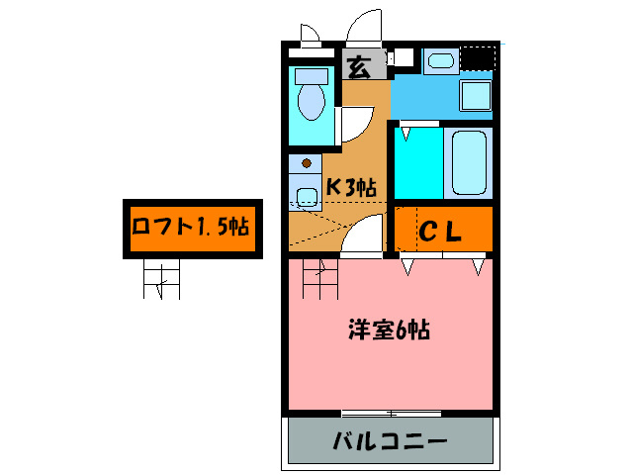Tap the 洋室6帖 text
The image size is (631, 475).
coord(389,330)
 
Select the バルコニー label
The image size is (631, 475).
coord(390,440)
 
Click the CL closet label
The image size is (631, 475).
coord(441,233)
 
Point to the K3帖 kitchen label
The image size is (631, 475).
coord(351,186)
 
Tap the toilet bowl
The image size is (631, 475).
coord(313,100)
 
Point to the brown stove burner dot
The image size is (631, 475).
coord(307,162)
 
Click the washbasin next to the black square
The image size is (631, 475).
coord(439,62)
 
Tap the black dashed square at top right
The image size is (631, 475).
coord(477,59)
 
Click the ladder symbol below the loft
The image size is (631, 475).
coord(161,281)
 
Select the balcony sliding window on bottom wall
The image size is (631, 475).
coord(390,412)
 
